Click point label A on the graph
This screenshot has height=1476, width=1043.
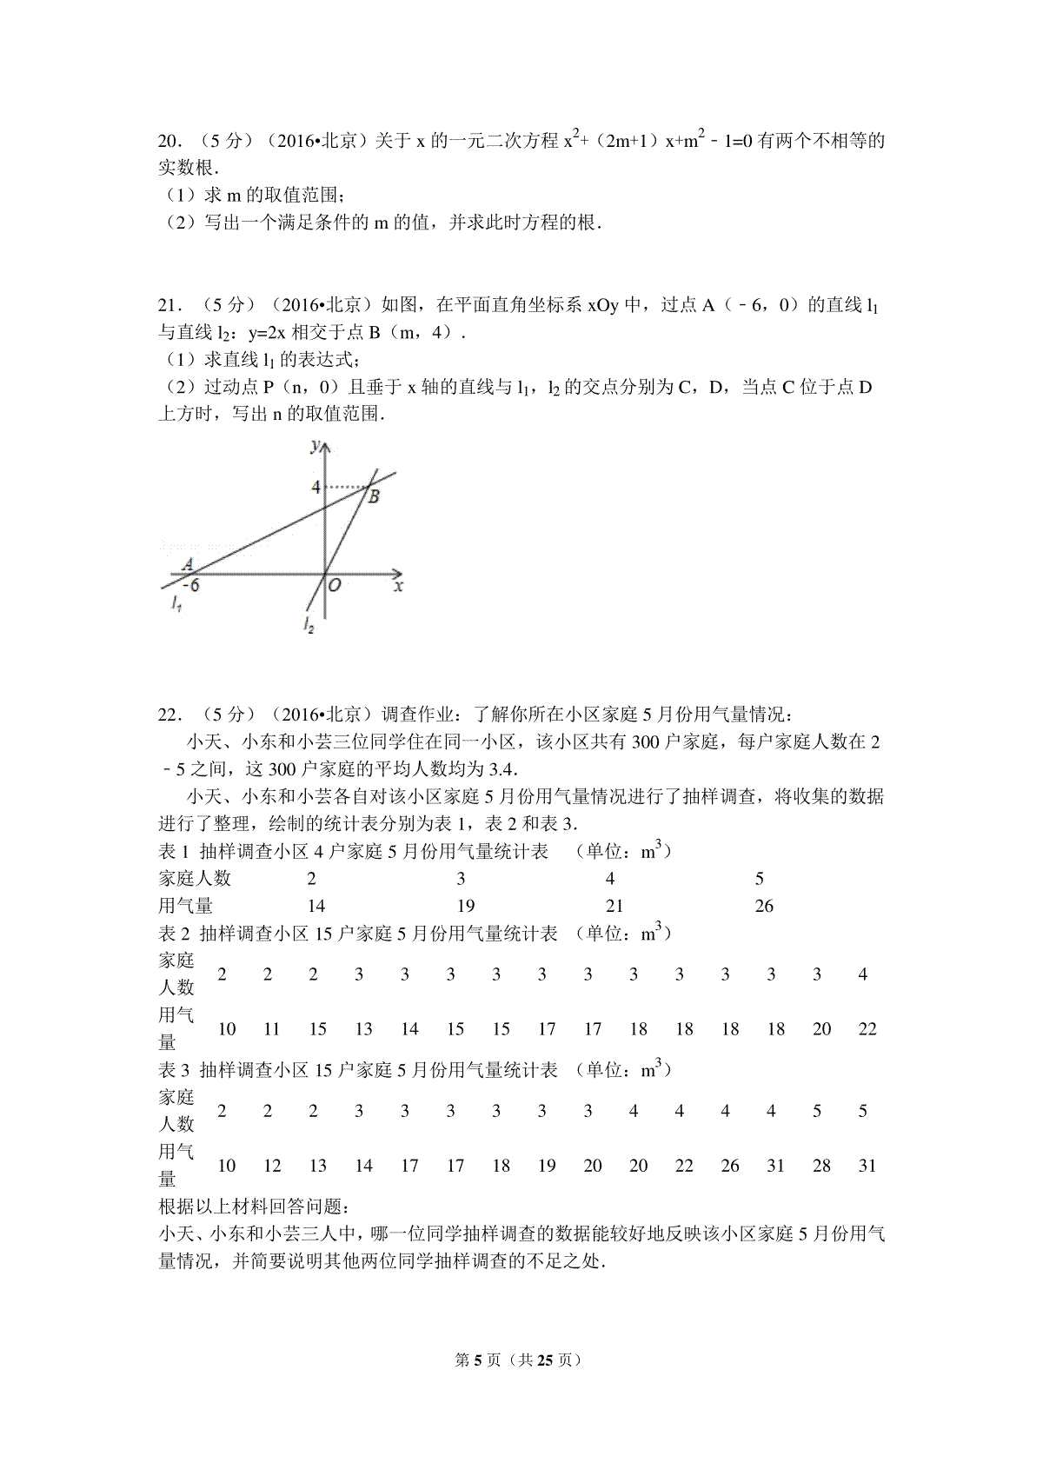pyautogui.click(x=186, y=565)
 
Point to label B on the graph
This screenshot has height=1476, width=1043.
pyautogui.click(x=373, y=497)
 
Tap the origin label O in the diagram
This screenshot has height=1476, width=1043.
pyautogui.click(x=335, y=586)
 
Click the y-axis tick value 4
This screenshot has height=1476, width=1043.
pyautogui.click(x=316, y=487)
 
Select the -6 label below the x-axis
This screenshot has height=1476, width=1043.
pyautogui.click(x=190, y=585)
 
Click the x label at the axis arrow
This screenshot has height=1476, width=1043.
pyautogui.click(x=399, y=586)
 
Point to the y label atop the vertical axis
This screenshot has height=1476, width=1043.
pyautogui.click(x=314, y=446)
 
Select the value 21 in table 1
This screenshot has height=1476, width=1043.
pyautogui.click(x=615, y=906)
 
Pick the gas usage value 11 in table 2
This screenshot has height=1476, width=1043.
pyautogui.click(x=272, y=1029)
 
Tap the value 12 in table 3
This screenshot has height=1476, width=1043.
pyautogui.click(x=272, y=1166)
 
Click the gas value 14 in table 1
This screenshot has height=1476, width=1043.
pyautogui.click(x=316, y=906)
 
